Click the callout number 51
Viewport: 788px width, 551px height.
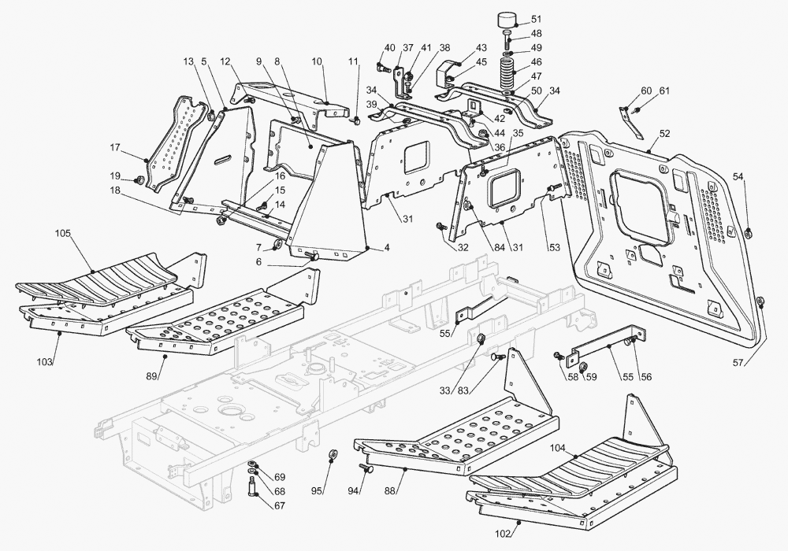click(x=536, y=19)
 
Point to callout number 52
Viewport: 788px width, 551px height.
click(x=664, y=135)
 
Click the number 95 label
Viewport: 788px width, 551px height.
click(x=317, y=491)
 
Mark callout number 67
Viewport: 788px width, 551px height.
click(x=280, y=506)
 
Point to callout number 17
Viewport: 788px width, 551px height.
click(x=115, y=147)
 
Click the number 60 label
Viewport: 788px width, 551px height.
click(x=646, y=91)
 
